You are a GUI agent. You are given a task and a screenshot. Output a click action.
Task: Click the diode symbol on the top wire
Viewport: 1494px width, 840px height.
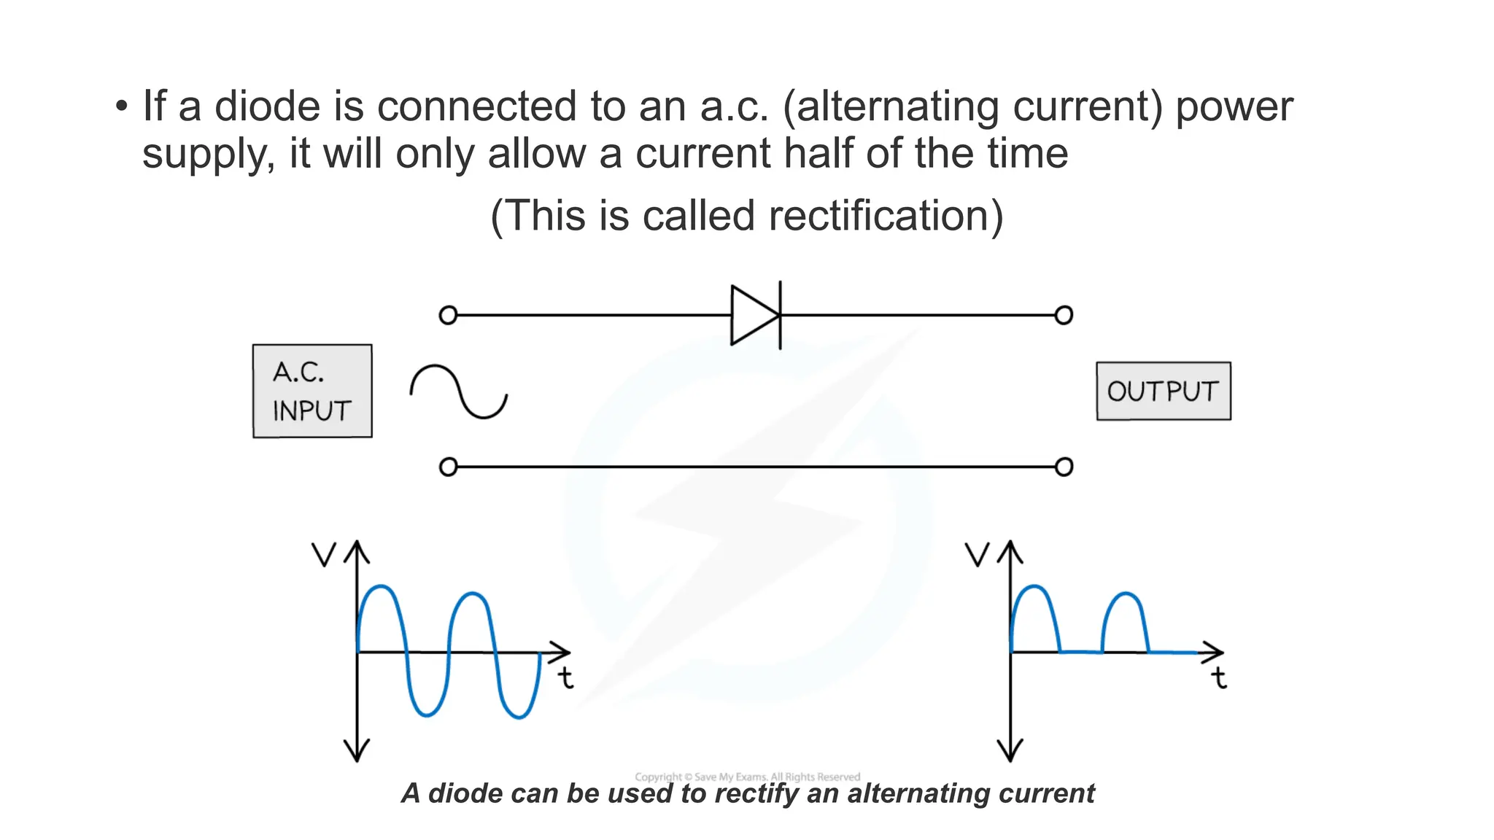pos(756,315)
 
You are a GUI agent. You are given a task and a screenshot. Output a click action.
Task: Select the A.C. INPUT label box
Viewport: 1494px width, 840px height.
pos(312,391)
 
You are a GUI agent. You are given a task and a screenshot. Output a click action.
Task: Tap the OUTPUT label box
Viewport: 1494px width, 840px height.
pos(1163,391)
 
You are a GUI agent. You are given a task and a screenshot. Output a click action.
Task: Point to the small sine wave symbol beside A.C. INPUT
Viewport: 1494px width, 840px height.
pos(459,392)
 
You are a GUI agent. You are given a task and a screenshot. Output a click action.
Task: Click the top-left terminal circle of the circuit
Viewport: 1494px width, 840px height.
pos(448,315)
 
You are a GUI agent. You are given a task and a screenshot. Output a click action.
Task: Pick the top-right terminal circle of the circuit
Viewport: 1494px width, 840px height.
pos(1064,315)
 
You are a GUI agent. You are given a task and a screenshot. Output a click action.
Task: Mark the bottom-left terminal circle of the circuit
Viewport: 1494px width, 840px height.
pos(448,467)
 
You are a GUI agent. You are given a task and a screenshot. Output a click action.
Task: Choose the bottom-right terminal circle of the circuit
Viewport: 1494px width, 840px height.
pos(1064,467)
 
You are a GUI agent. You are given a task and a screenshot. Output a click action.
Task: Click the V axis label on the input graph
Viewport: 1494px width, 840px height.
pos(323,555)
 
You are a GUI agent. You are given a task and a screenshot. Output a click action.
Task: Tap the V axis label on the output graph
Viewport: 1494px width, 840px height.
pos(977,555)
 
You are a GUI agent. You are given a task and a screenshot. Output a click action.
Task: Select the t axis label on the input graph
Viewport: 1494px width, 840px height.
pos(566,677)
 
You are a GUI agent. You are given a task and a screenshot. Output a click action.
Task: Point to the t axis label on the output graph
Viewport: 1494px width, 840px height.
pos(1219,677)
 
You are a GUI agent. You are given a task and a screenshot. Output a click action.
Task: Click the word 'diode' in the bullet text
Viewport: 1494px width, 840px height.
pos(267,106)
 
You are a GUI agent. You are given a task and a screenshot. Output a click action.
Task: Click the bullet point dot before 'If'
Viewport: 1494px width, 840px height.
pos(121,106)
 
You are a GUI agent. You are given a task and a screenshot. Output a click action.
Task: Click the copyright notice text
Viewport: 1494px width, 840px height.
pos(747,777)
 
